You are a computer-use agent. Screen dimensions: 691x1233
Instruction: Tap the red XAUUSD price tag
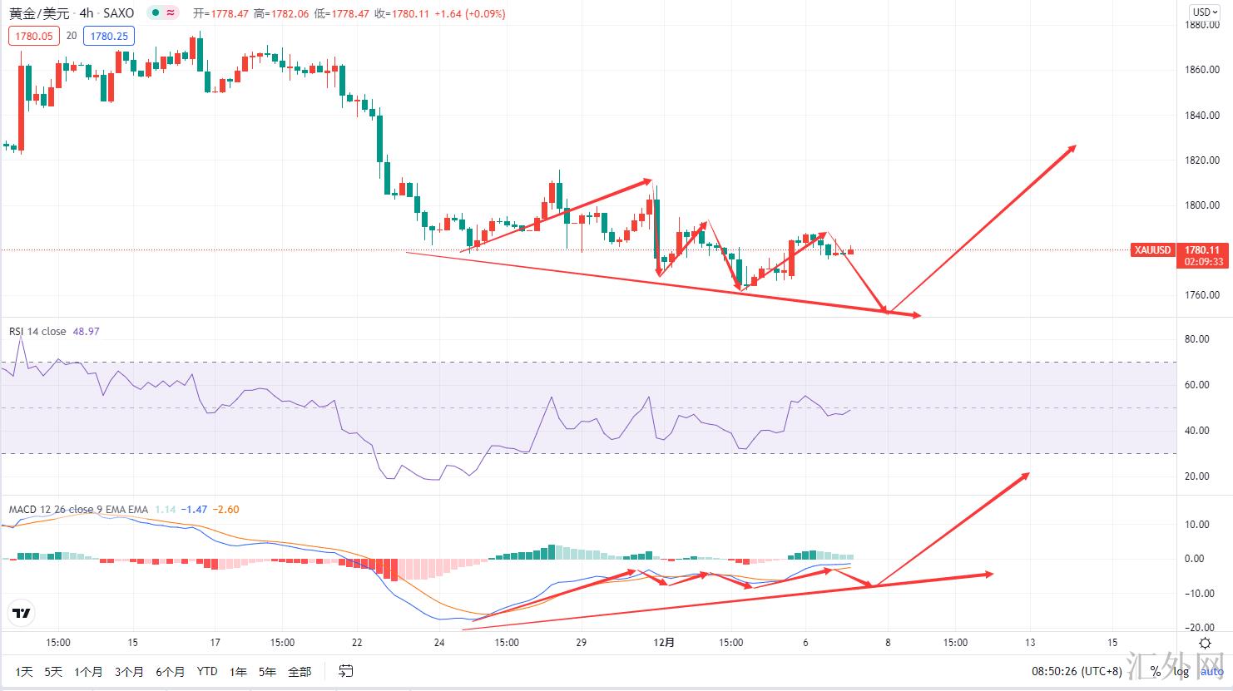[1153, 250]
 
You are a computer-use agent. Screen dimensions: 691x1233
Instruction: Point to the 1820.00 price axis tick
[1202, 160]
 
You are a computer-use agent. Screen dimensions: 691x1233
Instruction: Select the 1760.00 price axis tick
[1202, 295]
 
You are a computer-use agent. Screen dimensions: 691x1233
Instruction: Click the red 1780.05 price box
[33, 36]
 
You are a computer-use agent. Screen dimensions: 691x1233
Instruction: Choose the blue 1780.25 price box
[109, 36]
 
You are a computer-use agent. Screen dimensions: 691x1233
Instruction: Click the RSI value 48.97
[87, 331]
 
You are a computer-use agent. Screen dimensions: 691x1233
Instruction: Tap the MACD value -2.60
[226, 510]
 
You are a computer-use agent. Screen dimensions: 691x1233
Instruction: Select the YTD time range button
[207, 671]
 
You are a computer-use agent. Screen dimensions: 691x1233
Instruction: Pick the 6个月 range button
[170, 671]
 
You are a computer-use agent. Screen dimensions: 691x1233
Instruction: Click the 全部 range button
[300, 671]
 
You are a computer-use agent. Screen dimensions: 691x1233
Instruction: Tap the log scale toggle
[1181, 671]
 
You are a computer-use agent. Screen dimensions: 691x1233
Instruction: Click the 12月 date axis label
[664, 643]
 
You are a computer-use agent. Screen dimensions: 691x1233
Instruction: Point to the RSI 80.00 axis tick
[1196, 339]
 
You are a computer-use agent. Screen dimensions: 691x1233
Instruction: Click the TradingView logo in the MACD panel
[21, 614]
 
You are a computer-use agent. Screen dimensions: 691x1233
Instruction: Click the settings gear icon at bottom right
[1205, 643]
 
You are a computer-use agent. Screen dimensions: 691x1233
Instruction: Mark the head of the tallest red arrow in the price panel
[1076, 146]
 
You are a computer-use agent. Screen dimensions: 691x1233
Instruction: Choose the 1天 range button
[24, 671]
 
